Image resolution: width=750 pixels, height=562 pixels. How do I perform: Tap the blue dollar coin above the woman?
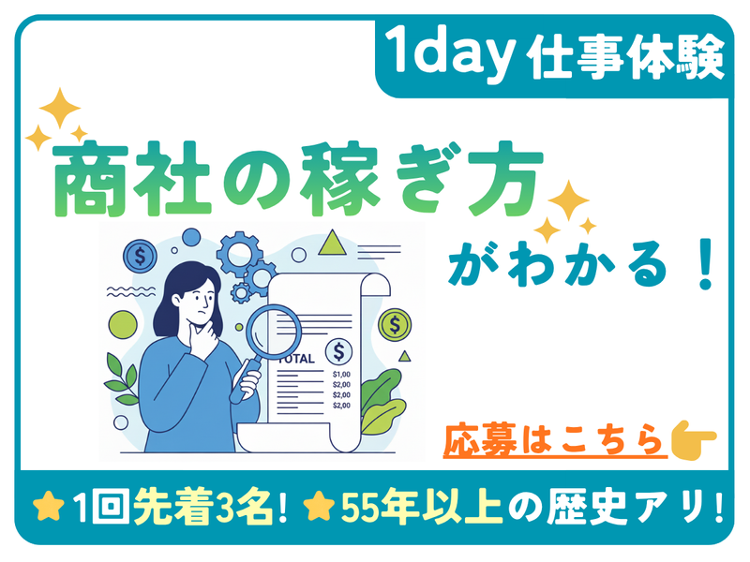pyautogui.click(x=142, y=255)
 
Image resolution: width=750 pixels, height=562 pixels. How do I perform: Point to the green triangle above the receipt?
pyautogui.click(x=330, y=245)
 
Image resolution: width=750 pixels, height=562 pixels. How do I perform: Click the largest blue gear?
pyautogui.click(x=235, y=252)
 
